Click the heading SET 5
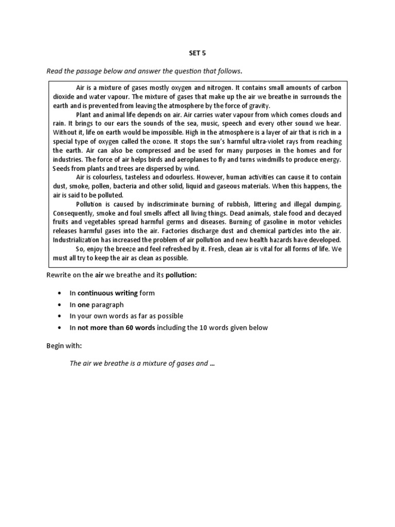click(x=197, y=52)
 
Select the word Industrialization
click(x=77, y=240)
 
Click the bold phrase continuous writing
click(x=107, y=293)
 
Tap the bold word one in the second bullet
click(x=84, y=305)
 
